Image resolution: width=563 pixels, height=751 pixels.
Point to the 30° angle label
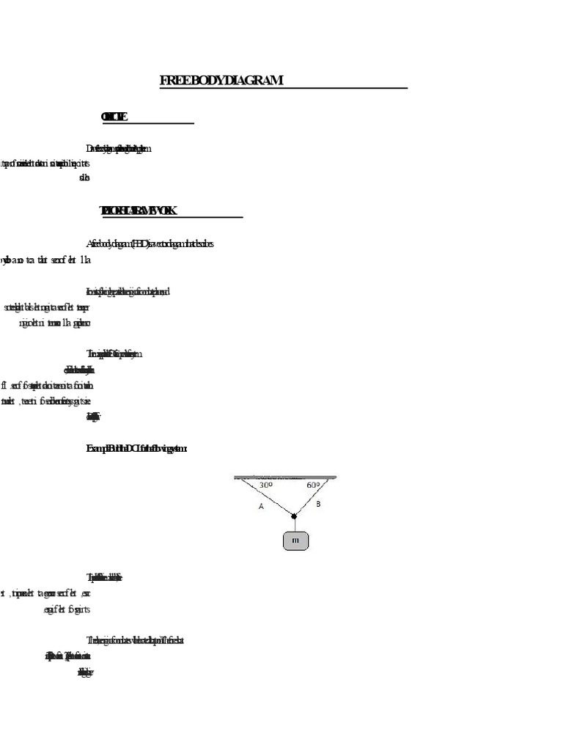click(266, 486)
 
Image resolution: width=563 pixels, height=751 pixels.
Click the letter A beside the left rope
click(262, 506)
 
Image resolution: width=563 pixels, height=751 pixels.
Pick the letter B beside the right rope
click(317, 504)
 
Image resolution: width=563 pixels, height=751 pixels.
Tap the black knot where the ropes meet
click(295, 516)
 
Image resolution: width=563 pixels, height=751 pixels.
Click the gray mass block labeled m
click(295, 541)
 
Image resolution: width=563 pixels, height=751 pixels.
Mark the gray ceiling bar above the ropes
click(286, 477)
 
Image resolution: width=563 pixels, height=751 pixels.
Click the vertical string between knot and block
click(295, 524)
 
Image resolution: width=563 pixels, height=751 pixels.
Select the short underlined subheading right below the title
click(114, 117)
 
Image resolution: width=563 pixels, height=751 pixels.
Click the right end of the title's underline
click(406, 89)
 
